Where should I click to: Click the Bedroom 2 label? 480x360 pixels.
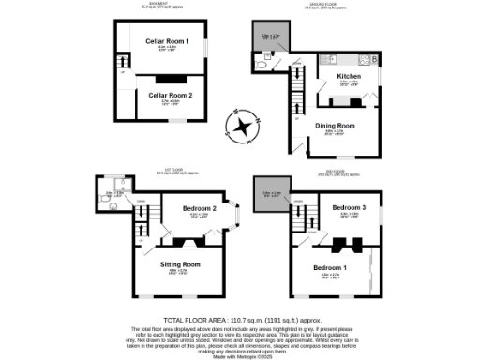200,208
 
